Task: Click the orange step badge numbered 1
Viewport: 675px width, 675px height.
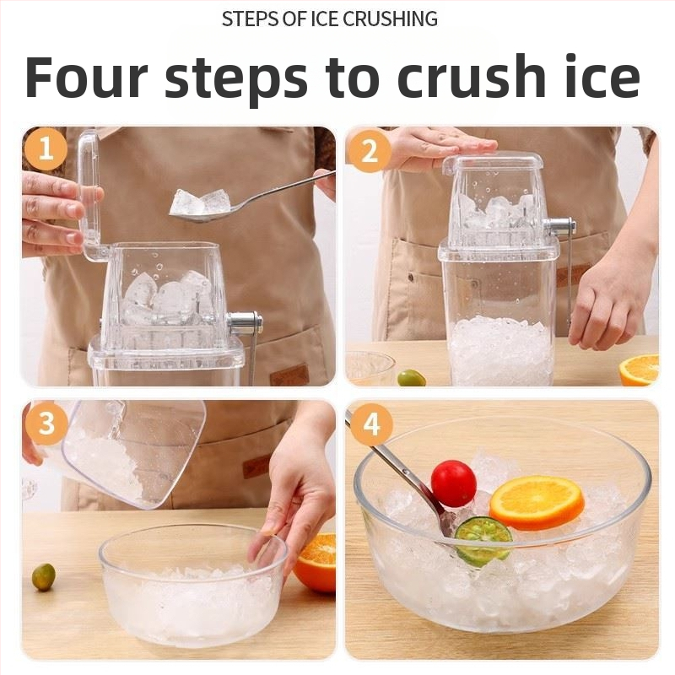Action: [x=46, y=148]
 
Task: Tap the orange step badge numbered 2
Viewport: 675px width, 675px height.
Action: [x=369, y=151]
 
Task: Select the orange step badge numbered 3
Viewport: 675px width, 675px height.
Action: [x=46, y=424]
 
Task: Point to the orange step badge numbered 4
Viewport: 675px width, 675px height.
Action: [x=371, y=424]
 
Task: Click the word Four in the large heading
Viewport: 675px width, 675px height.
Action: [x=86, y=77]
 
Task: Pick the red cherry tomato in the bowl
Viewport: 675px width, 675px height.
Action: [x=454, y=483]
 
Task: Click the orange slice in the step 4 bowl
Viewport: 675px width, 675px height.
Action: [x=537, y=503]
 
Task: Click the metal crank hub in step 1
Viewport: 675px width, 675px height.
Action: [x=245, y=324]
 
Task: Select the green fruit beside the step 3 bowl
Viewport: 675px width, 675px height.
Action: [x=44, y=577]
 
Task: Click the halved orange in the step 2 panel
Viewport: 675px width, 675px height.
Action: [x=639, y=370]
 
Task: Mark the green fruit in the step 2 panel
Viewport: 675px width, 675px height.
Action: [x=411, y=378]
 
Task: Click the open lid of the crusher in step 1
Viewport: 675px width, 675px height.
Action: [x=91, y=196]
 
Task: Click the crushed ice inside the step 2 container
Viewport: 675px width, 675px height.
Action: [x=501, y=351]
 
